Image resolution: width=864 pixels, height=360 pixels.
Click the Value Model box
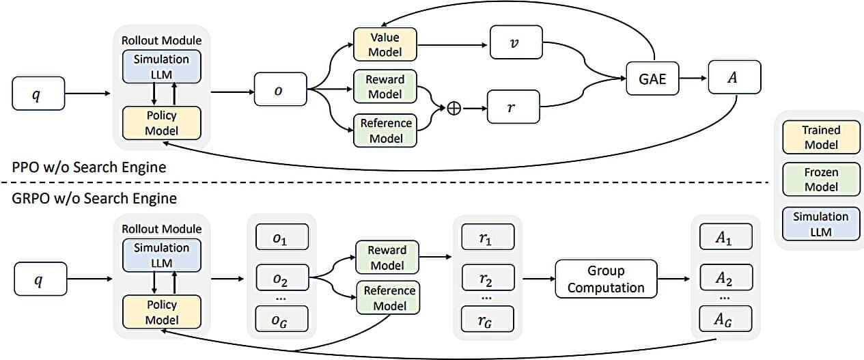click(385, 44)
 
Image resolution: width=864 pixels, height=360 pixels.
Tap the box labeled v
click(515, 42)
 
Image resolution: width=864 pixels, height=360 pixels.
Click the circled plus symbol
click(454, 108)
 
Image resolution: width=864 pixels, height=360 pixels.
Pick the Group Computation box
click(606, 279)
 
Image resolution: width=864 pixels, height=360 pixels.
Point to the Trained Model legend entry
click(821, 137)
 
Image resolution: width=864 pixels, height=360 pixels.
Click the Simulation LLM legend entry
click(821, 224)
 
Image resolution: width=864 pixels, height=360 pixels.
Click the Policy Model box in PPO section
click(162, 123)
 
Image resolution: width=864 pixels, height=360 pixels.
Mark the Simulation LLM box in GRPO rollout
click(162, 255)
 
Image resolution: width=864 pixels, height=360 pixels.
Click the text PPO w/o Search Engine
click(89, 167)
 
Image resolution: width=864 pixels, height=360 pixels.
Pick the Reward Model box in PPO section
click(385, 87)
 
